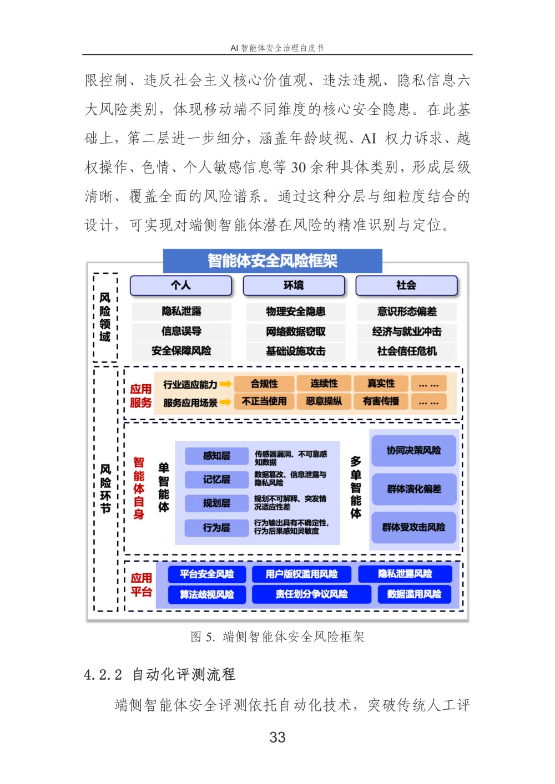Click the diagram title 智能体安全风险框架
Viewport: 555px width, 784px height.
[x=273, y=261]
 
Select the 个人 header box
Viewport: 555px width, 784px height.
[x=181, y=286]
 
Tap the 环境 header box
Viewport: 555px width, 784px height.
[x=294, y=286]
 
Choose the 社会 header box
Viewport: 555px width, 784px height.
[x=406, y=286]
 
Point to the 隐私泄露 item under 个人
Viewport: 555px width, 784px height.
[x=181, y=312]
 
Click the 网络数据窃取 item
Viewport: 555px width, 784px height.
[x=295, y=332]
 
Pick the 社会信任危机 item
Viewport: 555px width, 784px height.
[x=407, y=351]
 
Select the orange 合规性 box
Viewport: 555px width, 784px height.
[x=264, y=384]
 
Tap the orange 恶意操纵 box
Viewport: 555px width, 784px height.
[x=324, y=401]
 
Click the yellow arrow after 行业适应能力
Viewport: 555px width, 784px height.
[x=225, y=384]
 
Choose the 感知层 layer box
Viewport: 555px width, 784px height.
[x=216, y=456]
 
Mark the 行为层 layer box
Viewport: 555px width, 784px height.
[x=216, y=527]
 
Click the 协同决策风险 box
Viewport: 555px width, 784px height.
[x=414, y=451]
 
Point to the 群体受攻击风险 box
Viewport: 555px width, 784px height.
[x=414, y=527]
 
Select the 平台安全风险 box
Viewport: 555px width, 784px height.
[x=206, y=574]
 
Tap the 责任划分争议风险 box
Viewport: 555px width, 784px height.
[x=311, y=594]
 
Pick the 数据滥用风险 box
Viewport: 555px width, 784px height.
[x=414, y=594]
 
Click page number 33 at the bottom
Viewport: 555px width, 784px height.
[x=277, y=737]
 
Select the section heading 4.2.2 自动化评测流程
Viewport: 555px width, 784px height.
[x=160, y=674]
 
